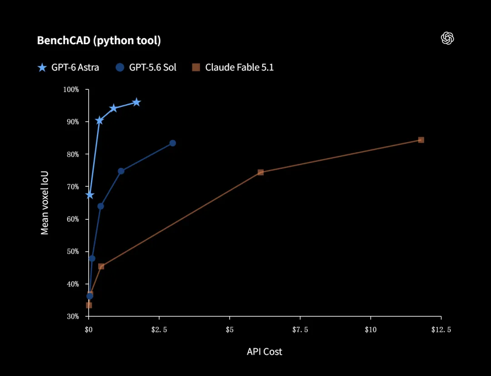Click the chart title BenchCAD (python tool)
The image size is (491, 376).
click(x=99, y=41)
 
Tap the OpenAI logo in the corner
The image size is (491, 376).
click(x=447, y=38)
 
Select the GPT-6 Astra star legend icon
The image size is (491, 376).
click(x=42, y=67)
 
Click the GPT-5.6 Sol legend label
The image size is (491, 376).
click(x=152, y=67)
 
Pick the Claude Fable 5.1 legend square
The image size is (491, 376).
click(x=196, y=67)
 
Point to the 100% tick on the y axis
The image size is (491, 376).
click(x=71, y=90)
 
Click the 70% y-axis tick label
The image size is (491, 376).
click(x=73, y=187)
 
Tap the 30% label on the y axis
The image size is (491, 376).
click(x=73, y=316)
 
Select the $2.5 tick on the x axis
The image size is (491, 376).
click(x=159, y=330)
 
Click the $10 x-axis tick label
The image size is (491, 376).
click(x=371, y=330)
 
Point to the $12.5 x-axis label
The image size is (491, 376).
click(x=441, y=330)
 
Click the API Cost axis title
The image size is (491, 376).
click(x=264, y=351)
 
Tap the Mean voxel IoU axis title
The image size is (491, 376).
click(x=45, y=203)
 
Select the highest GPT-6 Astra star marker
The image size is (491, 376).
click(x=136, y=102)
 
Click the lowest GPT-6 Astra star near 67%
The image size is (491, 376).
click(x=90, y=195)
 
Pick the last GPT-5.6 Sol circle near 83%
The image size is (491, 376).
click(x=173, y=143)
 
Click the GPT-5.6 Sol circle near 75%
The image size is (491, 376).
click(x=121, y=171)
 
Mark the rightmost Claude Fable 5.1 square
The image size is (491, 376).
click(x=421, y=140)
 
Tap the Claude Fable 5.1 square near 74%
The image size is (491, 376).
click(x=261, y=172)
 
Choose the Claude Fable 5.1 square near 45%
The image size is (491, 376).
click(x=101, y=267)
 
